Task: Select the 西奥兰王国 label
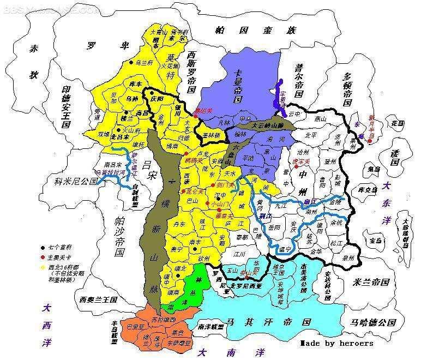[x=98, y=299]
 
